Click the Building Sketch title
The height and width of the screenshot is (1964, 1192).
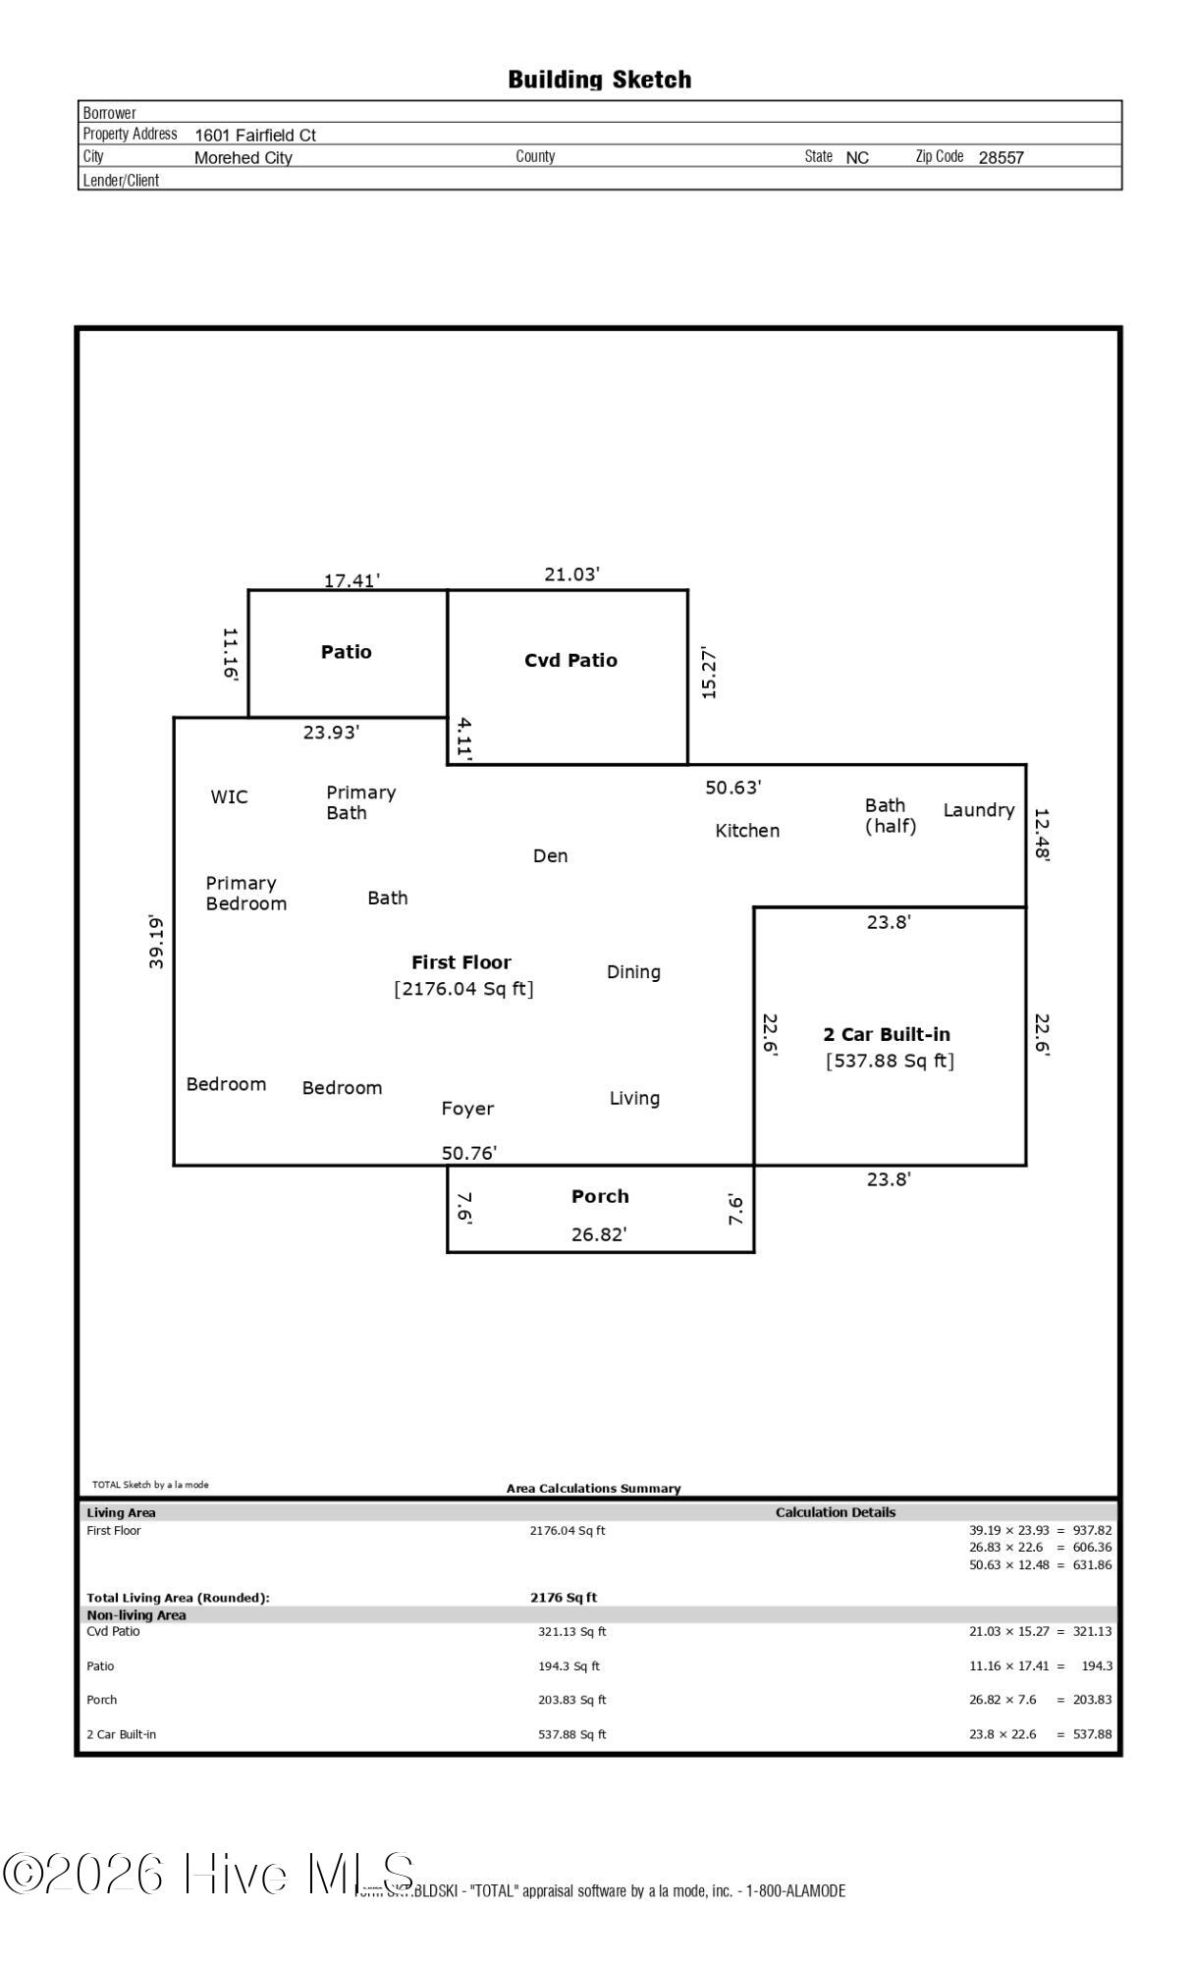[x=599, y=80]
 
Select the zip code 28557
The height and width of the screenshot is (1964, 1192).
[x=1001, y=157]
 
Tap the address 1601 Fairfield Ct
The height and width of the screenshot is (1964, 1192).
[x=255, y=136]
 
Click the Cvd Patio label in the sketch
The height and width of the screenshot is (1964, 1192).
[x=570, y=660]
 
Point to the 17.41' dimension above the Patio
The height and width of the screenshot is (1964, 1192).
[x=352, y=580]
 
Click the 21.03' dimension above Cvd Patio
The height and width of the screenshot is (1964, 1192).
[x=571, y=574]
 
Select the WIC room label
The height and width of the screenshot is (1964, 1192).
[x=229, y=796]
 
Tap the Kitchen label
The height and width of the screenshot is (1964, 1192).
[x=747, y=831]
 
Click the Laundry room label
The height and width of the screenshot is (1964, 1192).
[x=978, y=810]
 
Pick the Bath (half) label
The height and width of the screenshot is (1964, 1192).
[x=890, y=816]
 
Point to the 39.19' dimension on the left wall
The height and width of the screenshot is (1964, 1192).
[x=157, y=942]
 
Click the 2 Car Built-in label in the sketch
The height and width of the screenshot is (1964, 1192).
[x=887, y=1034]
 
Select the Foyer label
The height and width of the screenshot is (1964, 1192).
[x=467, y=1109]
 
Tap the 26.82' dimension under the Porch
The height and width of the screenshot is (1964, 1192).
[x=599, y=1234]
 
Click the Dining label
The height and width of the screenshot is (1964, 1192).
[x=633, y=972]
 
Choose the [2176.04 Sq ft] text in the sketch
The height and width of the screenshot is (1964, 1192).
[x=463, y=989]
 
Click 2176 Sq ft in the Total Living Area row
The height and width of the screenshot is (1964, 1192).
[x=564, y=1598]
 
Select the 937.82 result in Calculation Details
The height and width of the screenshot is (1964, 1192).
[x=1092, y=1530]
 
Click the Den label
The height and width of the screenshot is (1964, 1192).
[x=550, y=856]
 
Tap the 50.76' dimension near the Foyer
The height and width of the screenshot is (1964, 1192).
[x=469, y=1153]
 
